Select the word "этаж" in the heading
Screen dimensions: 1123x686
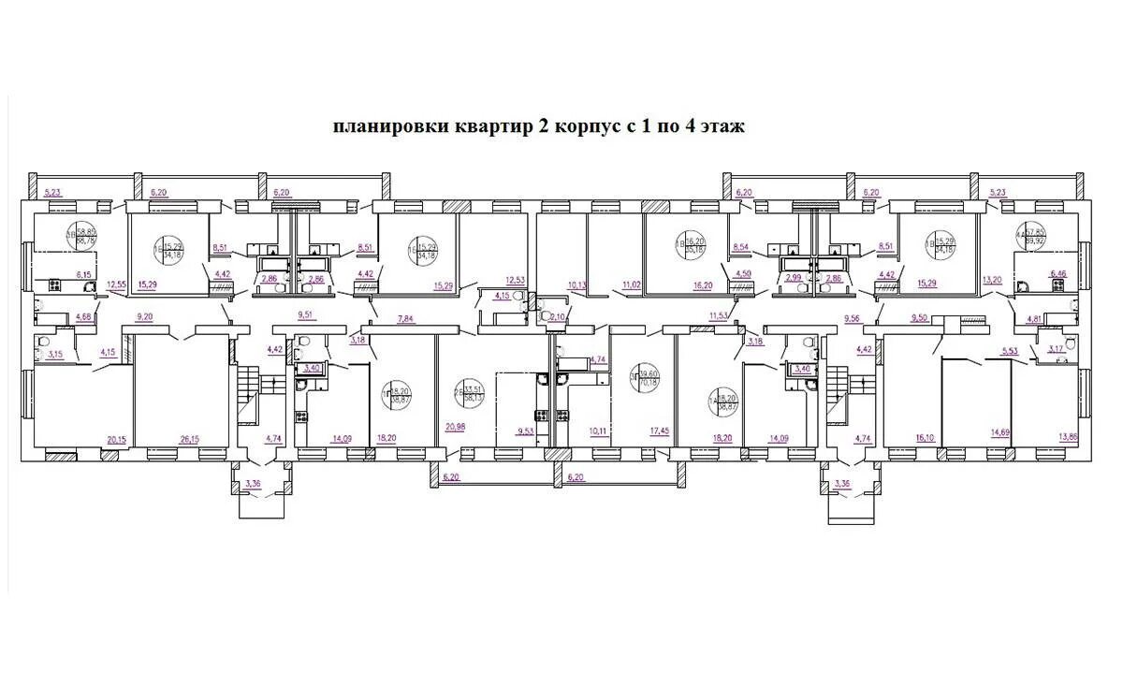720,126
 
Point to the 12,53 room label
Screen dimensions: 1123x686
516,280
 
